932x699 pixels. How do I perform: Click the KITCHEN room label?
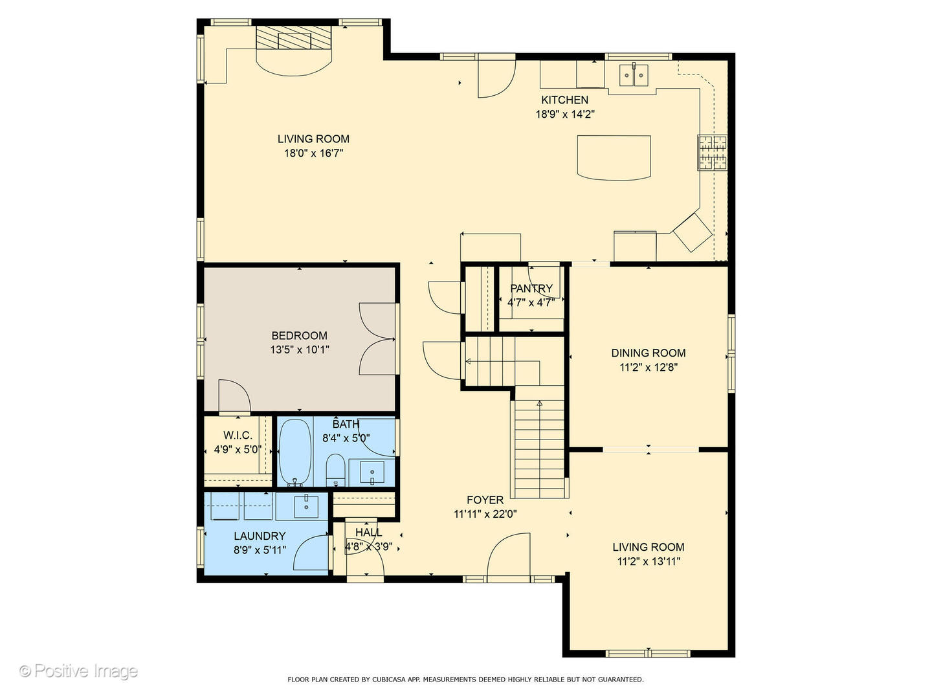pos(564,100)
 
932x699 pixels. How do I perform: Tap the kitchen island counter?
pos(614,158)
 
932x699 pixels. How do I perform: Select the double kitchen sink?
pos(634,75)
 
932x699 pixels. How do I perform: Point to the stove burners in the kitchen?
pos(712,153)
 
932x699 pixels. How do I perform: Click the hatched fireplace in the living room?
pos(293,38)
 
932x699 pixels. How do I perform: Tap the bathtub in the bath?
pos(294,452)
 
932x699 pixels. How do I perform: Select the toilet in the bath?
pos(335,469)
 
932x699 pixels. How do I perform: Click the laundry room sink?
pos(306,507)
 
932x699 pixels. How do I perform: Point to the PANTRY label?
pos(531,289)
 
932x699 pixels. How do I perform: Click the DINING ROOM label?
pos(649,353)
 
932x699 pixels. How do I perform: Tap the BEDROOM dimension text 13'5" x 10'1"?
pos(300,350)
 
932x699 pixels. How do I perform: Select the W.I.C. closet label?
pos(238,436)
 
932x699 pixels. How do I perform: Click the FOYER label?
pos(485,500)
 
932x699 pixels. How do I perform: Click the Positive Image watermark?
pos(79,671)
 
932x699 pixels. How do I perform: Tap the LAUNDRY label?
pos(260,536)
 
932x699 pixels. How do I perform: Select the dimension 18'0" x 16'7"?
pos(313,153)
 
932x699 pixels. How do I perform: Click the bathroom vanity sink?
pos(372,472)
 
